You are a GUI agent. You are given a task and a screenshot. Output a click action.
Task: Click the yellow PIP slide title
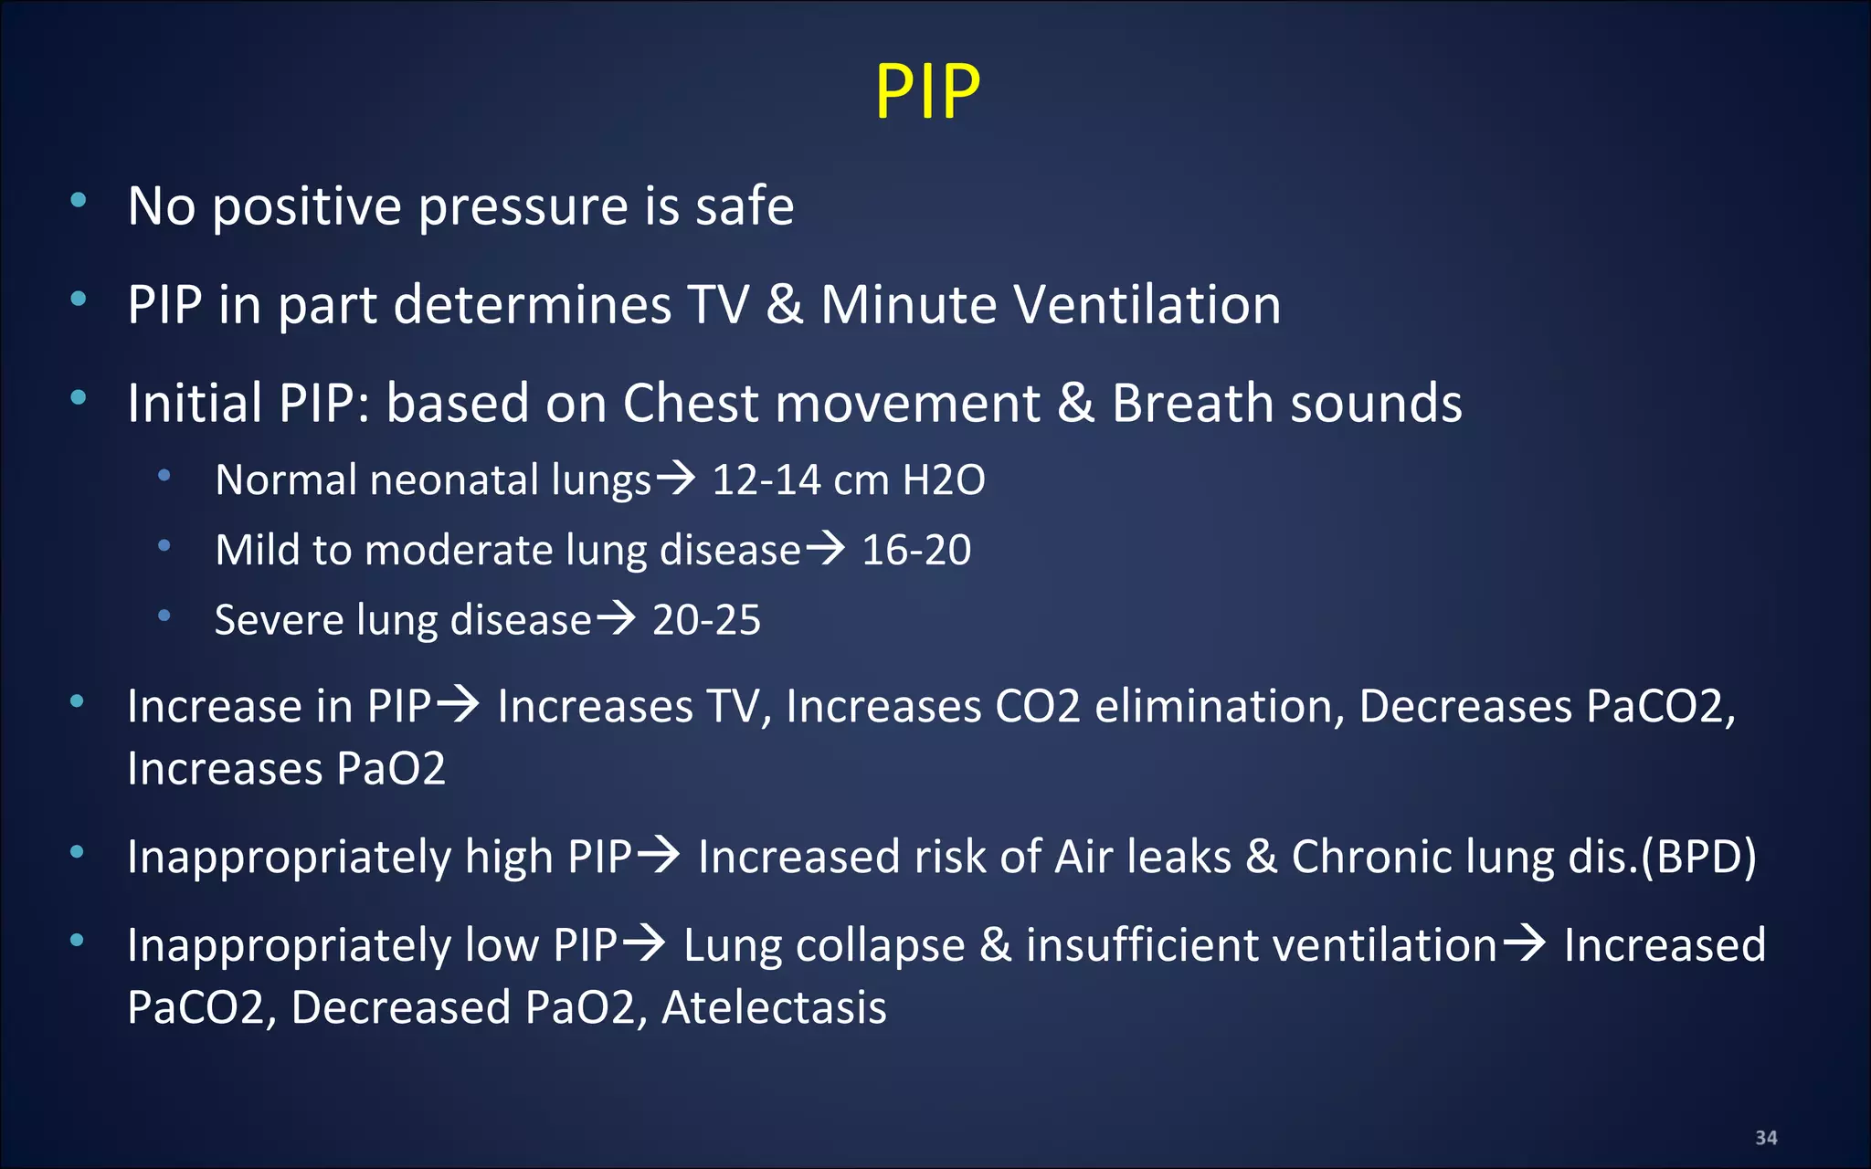(927, 91)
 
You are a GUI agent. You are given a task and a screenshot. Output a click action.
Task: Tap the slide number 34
(1766, 1138)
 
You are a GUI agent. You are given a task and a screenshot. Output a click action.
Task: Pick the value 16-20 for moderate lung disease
(916, 550)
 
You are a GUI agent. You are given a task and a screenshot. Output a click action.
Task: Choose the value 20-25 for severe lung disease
(706, 620)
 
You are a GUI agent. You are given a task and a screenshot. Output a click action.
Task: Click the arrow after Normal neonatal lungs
(677, 477)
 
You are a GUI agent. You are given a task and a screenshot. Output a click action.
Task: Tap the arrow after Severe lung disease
(617, 618)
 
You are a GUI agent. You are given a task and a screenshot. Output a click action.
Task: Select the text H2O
(944, 479)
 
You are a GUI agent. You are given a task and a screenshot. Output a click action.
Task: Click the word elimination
(1220, 706)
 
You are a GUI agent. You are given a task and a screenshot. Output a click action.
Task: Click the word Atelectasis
(774, 1007)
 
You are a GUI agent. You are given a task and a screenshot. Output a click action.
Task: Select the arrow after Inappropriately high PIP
(659, 855)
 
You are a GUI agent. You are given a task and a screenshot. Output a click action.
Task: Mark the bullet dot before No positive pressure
(79, 200)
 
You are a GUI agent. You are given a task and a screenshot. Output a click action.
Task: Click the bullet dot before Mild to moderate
(164, 546)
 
